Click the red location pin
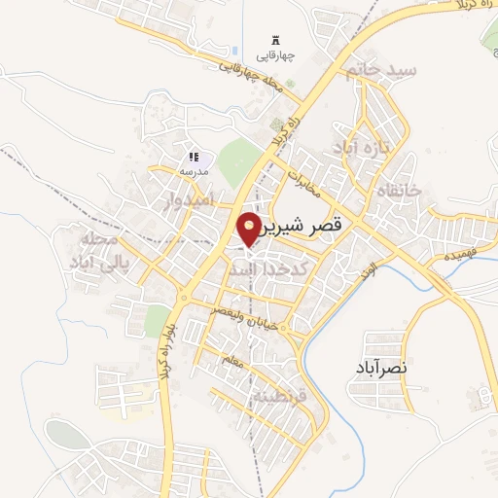pyautogui.click(x=249, y=228)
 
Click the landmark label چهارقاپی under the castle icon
pyautogui.click(x=275, y=56)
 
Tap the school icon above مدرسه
pyautogui.click(x=193, y=157)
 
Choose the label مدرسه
pyautogui.click(x=193, y=171)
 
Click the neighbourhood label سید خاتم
pyautogui.click(x=387, y=71)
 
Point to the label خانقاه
pyautogui.click(x=400, y=192)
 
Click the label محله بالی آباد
pyautogui.click(x=93, y=250)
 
